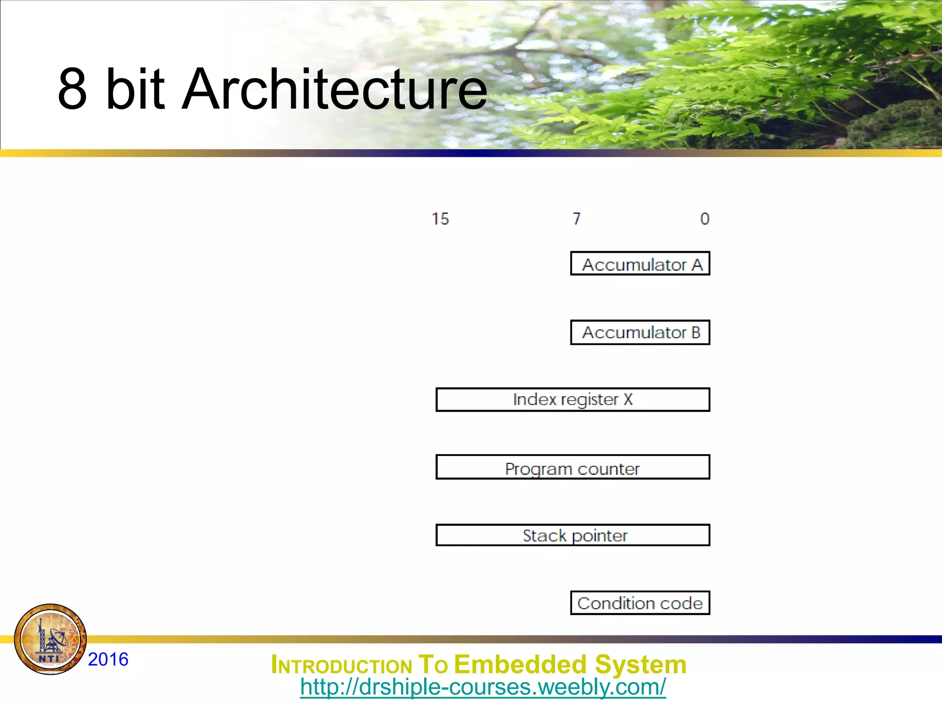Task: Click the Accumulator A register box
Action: (640, 264)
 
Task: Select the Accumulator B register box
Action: (640, 332)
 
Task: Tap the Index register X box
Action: (573, 399)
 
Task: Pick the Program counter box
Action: (573, 467)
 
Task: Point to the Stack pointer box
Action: (573, 535)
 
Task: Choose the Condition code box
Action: (640, 603)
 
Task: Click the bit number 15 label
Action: (440, 219)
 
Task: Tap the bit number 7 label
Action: (577, 219)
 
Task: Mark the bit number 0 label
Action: (705, 219)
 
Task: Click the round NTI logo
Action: (51, 639)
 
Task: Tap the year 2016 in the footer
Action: (108, 659)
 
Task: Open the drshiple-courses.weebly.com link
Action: (483, 687)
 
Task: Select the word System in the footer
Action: (640, 665)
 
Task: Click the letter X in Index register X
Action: (628, 399)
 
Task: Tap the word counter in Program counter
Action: (609, 469)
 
